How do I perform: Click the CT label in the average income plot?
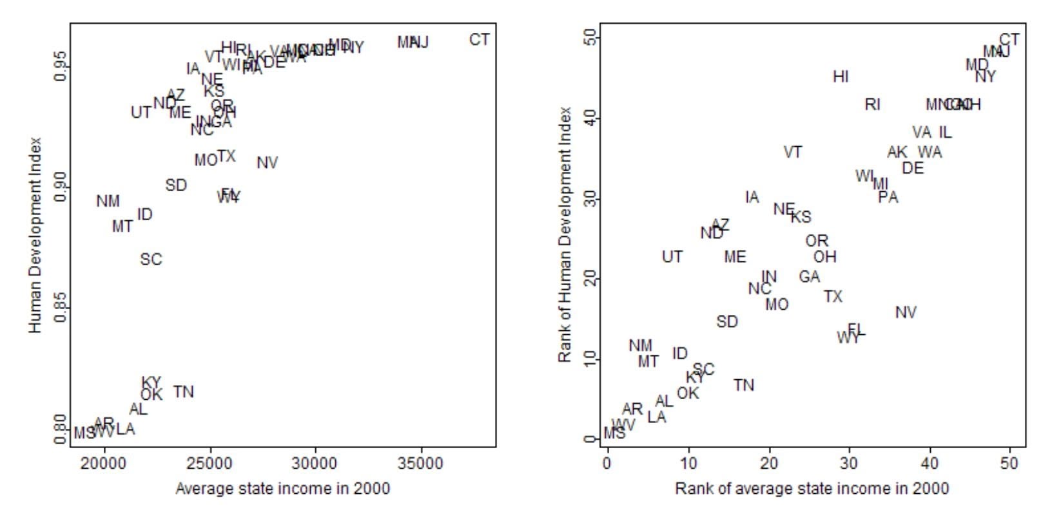point(479,40)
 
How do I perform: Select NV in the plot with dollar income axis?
point(267,163)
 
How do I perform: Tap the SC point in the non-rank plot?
point(151,259)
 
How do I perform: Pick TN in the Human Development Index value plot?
point(183,391)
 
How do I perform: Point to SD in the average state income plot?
point(176,185)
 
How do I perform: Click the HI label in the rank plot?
point(841,77)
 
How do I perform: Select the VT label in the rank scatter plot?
point(793,153)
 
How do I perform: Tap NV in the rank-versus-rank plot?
point(906,313)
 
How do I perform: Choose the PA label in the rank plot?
point(888,198)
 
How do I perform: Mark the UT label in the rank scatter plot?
point(672,257)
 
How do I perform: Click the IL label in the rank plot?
point(945,133)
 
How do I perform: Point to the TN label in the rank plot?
point(744,385)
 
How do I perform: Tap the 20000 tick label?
point(104,464)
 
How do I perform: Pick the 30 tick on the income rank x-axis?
point(849,464)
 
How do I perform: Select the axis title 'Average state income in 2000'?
point(282,489)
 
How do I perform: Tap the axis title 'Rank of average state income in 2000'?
point(812,489)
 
